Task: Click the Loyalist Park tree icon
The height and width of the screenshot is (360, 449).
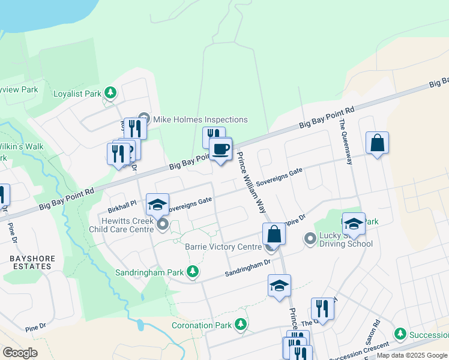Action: (110, 92)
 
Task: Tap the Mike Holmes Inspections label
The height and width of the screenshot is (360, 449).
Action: (200, 119)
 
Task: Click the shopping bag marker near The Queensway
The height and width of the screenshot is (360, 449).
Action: (377, 143)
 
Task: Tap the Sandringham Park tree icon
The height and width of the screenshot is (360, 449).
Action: (193, 272)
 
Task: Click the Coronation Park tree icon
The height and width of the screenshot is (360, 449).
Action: (241, 325)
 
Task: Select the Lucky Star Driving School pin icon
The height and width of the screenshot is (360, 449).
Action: (310, 239)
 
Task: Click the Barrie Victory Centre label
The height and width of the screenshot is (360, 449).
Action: (223, 247)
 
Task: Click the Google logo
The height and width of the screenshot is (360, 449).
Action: (20, 353)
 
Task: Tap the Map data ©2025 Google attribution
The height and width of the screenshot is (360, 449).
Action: (412, 355)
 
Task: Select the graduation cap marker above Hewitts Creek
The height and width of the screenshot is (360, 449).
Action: (158, 205)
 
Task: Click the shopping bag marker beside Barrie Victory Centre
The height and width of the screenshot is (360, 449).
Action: (273, 233)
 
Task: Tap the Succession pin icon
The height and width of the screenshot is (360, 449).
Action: (400, 333)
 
